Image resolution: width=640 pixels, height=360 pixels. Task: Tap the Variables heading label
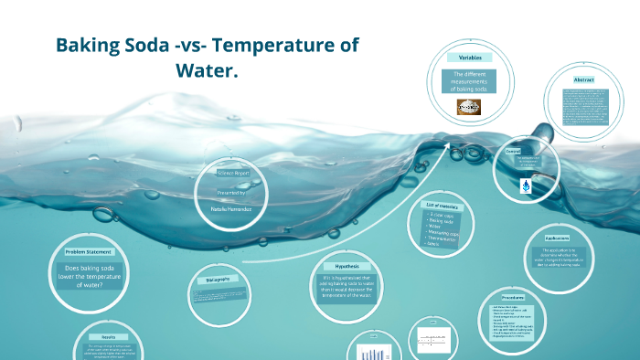coord(470,58)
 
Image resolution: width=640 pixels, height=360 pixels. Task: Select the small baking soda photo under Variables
coord(470,107)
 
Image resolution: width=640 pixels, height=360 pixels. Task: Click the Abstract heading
coord(584,79)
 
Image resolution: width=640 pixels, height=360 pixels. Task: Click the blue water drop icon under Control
coord(526,186)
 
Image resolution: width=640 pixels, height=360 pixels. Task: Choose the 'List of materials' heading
coord(445,206)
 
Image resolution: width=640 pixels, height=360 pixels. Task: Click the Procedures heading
coord(513,297)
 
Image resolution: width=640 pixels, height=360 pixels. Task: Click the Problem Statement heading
coord(88,251)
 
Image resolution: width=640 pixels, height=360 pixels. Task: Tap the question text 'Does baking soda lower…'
coord(88,276)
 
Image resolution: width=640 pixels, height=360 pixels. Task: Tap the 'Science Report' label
coord(232,172)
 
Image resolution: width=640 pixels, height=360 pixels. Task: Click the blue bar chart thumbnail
coord(372,353)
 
